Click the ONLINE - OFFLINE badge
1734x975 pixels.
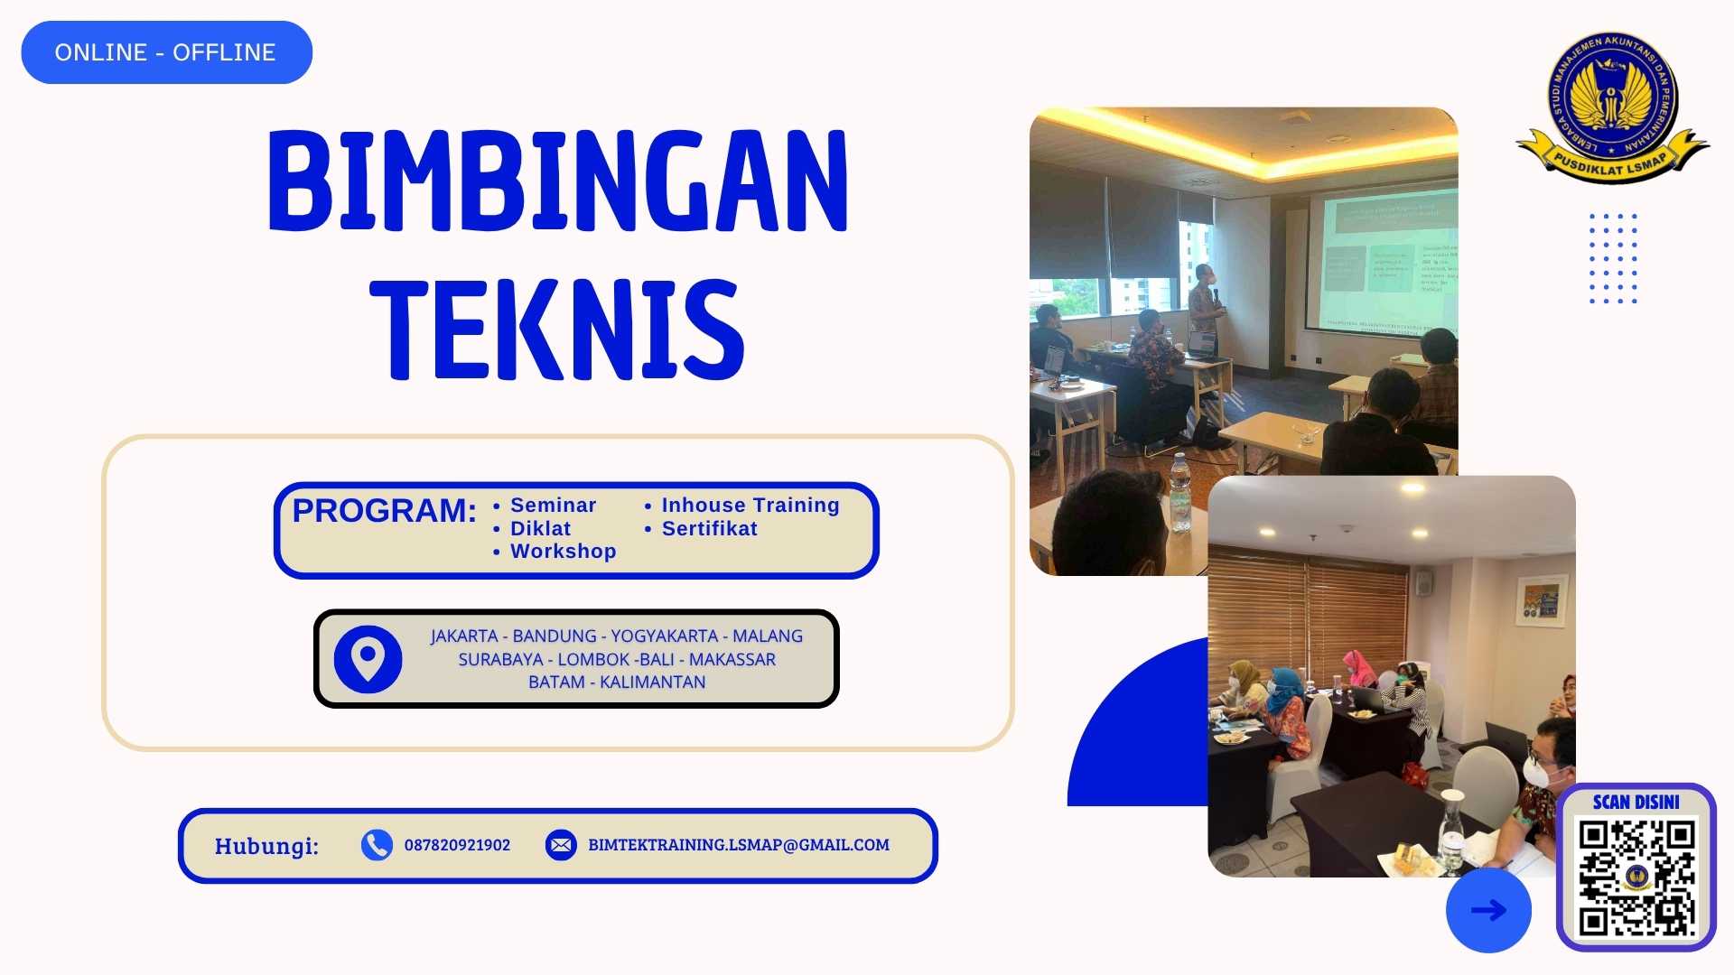pyautogui.click(x=166, y=52)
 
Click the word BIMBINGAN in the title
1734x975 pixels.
pyautogui.click(x=557, y=181)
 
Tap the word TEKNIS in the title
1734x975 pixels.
pyautogui.click(x=557, y=330)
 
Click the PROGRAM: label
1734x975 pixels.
pyautogui.click(x=384, y=511)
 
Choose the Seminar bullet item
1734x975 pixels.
pyautogui.click(x=553, y=506)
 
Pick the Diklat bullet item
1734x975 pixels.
pyautogui.click(x=540, y=529)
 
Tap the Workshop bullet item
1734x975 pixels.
pyautogui.click(x=563, y=552)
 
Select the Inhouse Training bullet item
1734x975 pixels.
pyautogui.click(x=750, y=506)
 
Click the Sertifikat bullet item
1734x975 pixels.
pyautogui.click(x=709, y=529)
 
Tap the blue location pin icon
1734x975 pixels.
pyautogui.click(x=368, y=660)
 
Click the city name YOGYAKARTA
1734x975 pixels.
pyautogui.click(x=664, y=636)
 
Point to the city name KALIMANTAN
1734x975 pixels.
pyautogui.click(x=652, y=682)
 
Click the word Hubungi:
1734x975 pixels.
pyautogui.click(x=266, y=846)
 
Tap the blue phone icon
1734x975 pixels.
pyautogui.click(x=377, y=845)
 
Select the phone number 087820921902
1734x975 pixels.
pyautogui.click(x=457, y=845)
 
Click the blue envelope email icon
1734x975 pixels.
pyautogui.click(x=561, y=845)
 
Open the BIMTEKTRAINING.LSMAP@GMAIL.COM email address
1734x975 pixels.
pyautogui.click(x=739, y=845)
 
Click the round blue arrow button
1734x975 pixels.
pyautogui.click(x=1488, y=910)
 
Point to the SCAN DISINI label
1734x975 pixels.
pyautogui.click(x=1636, y=802)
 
